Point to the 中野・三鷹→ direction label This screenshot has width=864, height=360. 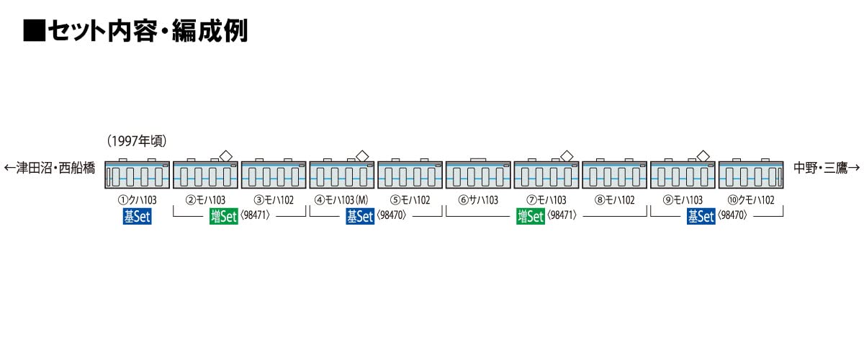click(x=827, y=168)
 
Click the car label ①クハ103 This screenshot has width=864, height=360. click(x=136, y=200)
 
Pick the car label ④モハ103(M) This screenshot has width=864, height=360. click(x=341, y=200)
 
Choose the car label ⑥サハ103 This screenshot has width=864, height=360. click(x=478, y=200)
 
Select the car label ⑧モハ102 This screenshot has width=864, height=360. click(x=614, y=200)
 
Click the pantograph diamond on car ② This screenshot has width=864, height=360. click(x=225, y=154)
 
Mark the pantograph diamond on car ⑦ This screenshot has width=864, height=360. click(x=566, y=154)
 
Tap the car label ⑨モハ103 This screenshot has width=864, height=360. click(x=682, y=200)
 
